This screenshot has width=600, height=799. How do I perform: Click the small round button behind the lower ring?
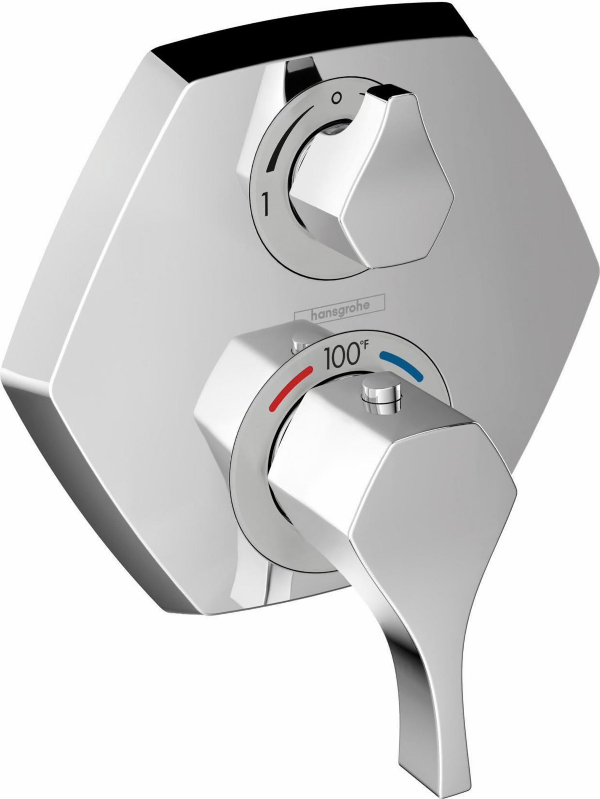(x=299, y=335)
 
